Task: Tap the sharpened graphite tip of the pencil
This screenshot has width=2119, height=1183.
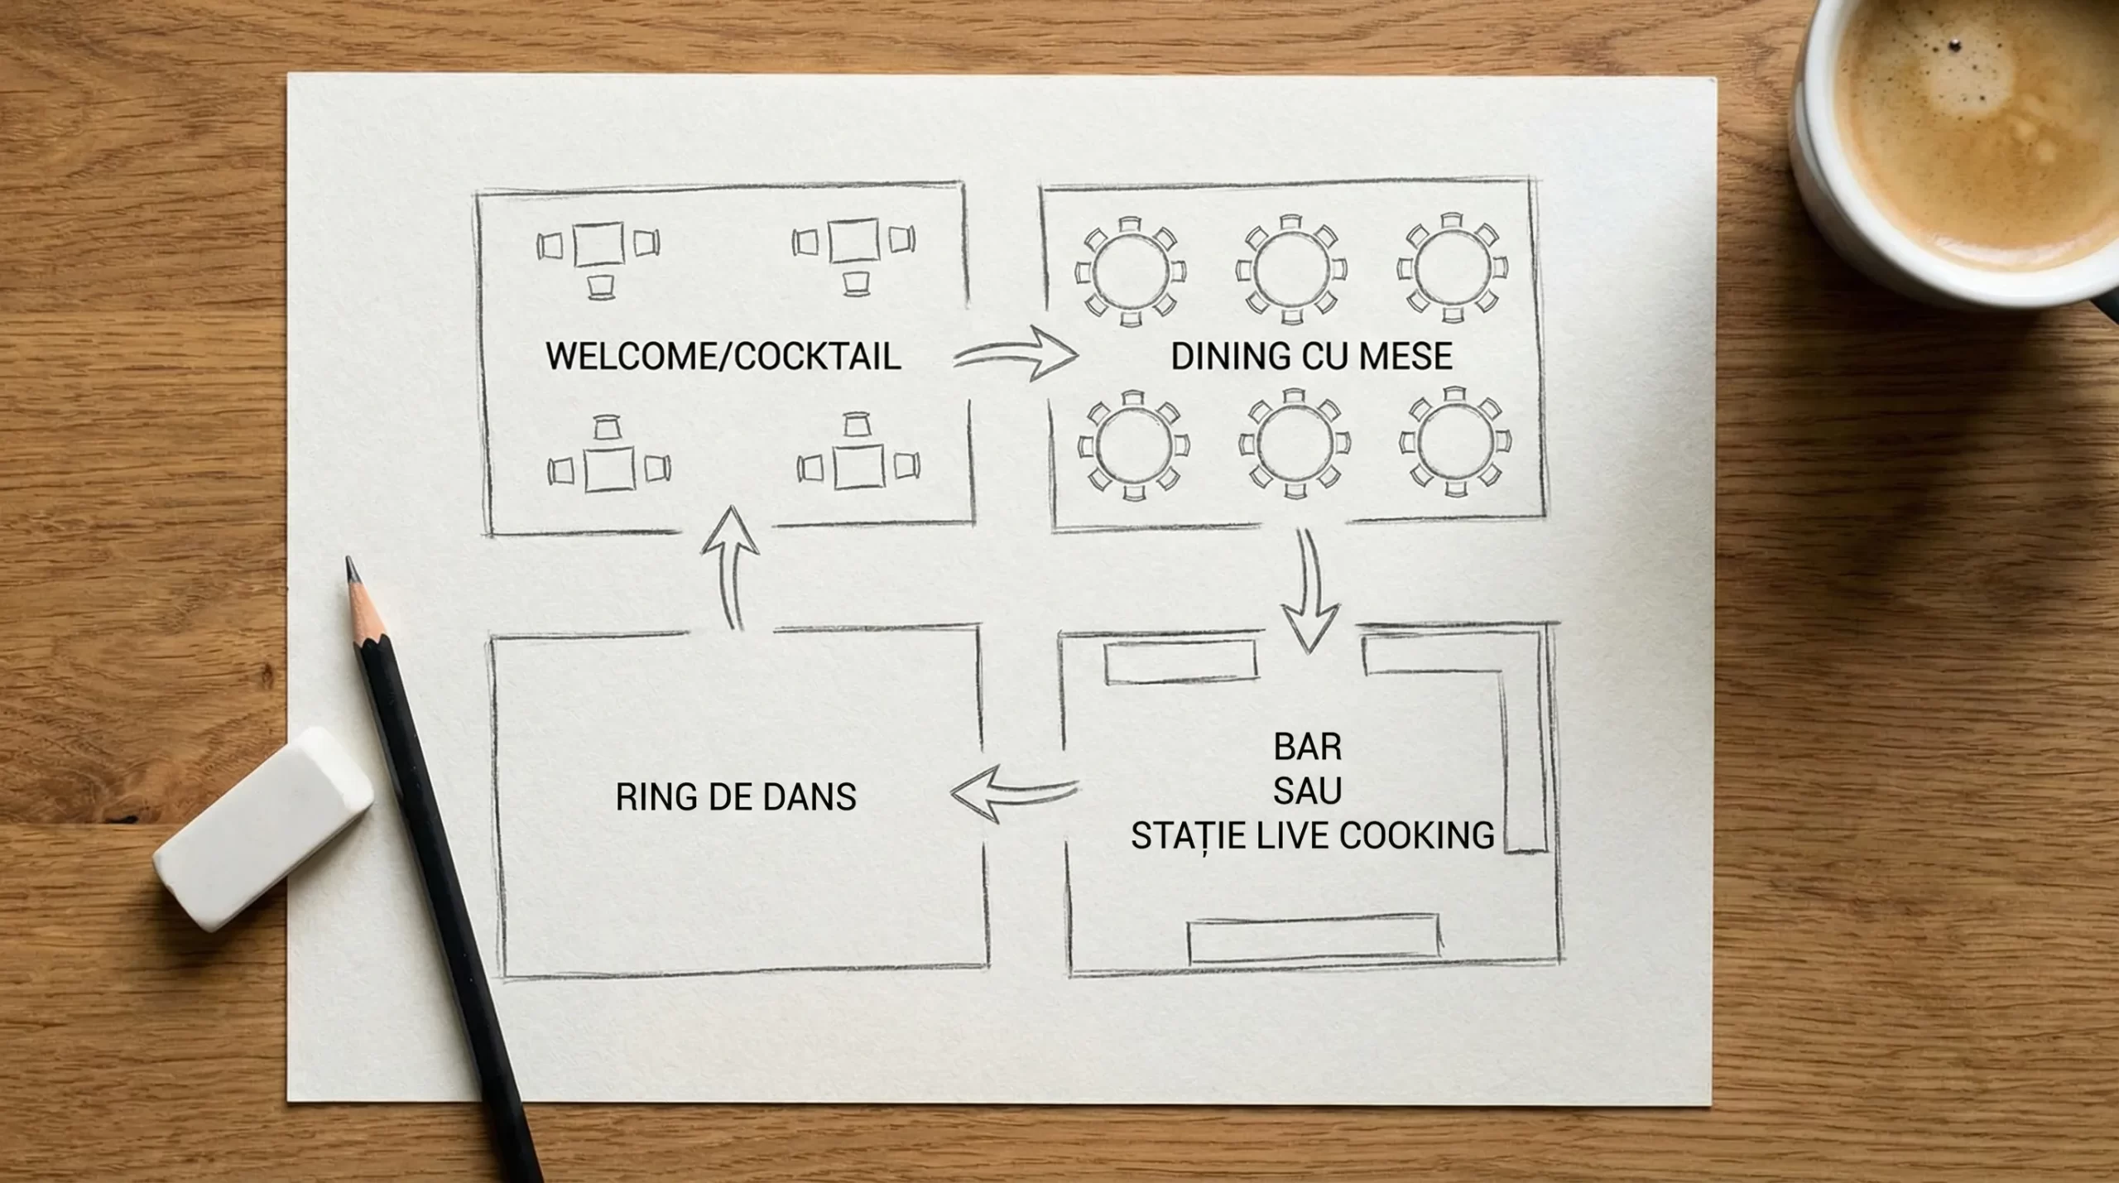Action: click(352, 570)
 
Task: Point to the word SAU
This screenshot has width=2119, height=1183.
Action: click(1307, 791)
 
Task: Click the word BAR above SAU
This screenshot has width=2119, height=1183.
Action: click(1307, 747)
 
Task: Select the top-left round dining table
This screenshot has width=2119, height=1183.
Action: click(1130, 270)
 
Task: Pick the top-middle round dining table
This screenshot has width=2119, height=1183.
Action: click(1290, 270)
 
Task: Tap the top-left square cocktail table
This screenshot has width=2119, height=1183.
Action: click(598, 244)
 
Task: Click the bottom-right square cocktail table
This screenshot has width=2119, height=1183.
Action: click(858, 468)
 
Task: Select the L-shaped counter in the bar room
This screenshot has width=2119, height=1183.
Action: click(1523, 745)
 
